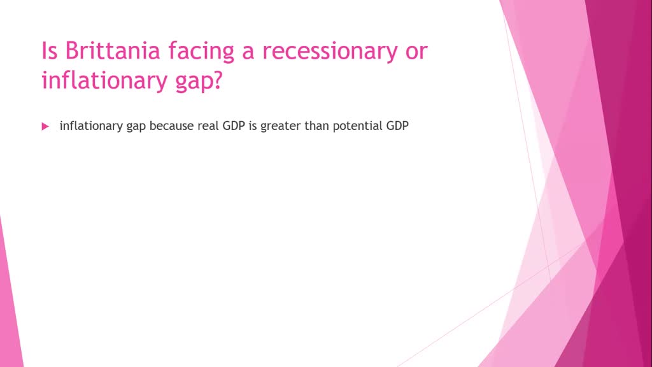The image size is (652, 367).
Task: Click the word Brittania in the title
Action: (113, 51)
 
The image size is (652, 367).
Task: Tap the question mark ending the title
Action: (218, 80)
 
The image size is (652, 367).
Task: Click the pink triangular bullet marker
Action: (45, 127)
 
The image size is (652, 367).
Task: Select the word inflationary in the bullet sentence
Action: (91, 126)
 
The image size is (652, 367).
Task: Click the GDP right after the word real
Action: (234, 126)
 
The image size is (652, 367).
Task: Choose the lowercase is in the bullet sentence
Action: (253, 126)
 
